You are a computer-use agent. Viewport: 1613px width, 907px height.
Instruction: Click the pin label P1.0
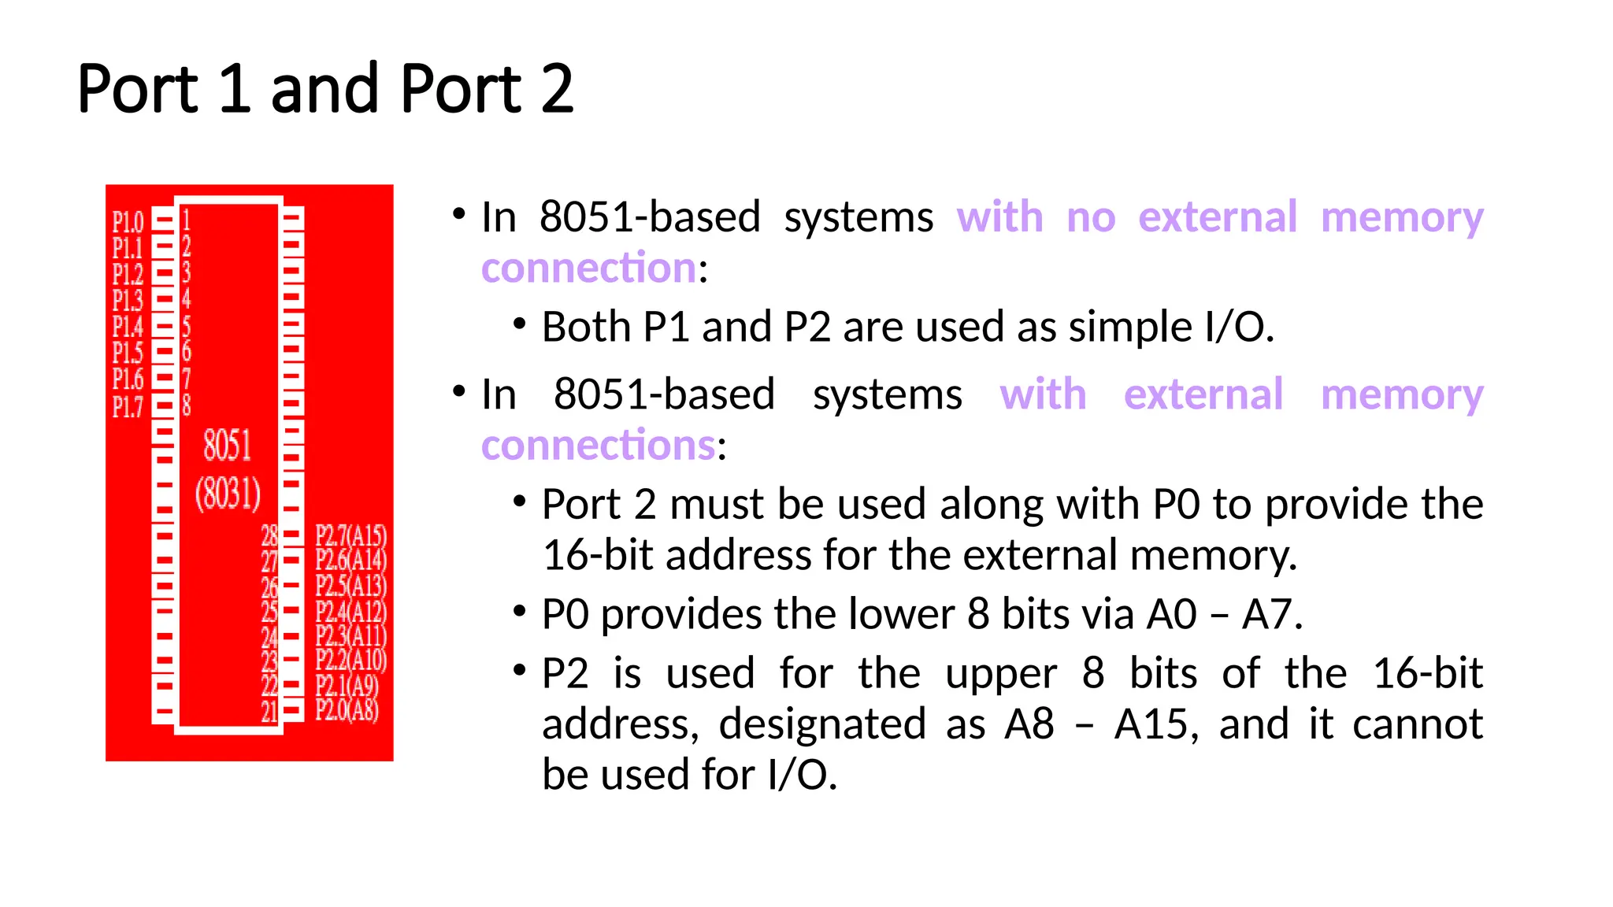[128, 222]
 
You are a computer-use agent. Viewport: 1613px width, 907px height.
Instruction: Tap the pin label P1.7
[128, 406]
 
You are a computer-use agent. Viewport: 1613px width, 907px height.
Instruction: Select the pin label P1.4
[128, 327]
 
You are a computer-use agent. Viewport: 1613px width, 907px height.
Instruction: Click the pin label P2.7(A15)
[351, 536]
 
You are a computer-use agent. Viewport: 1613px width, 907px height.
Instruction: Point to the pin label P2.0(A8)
[347, 710]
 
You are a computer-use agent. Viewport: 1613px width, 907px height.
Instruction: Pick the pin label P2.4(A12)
[351, 611]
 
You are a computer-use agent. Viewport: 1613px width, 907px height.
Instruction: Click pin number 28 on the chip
[269, 536]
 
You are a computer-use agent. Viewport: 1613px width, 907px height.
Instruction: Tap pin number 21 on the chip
[269, 712]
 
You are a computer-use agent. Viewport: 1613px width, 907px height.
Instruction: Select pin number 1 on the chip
[187, 220]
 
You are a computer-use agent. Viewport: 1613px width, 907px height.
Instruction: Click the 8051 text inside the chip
[228, 446]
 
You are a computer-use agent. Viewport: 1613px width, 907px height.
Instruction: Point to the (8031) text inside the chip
[228, 494]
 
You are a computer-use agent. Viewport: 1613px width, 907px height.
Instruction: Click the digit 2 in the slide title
[557, 89]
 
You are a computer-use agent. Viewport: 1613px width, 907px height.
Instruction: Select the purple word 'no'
[1091, 217]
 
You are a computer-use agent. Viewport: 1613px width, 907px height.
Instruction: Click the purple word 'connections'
[599, 446]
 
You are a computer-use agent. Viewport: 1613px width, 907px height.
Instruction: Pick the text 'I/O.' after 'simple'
[1239, 328]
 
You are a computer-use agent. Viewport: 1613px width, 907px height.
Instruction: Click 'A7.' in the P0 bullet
[1272, 615]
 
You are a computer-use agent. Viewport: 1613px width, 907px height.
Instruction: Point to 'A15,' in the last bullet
[1156, 724]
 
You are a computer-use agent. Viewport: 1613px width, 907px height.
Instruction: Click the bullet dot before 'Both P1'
[519, 324]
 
